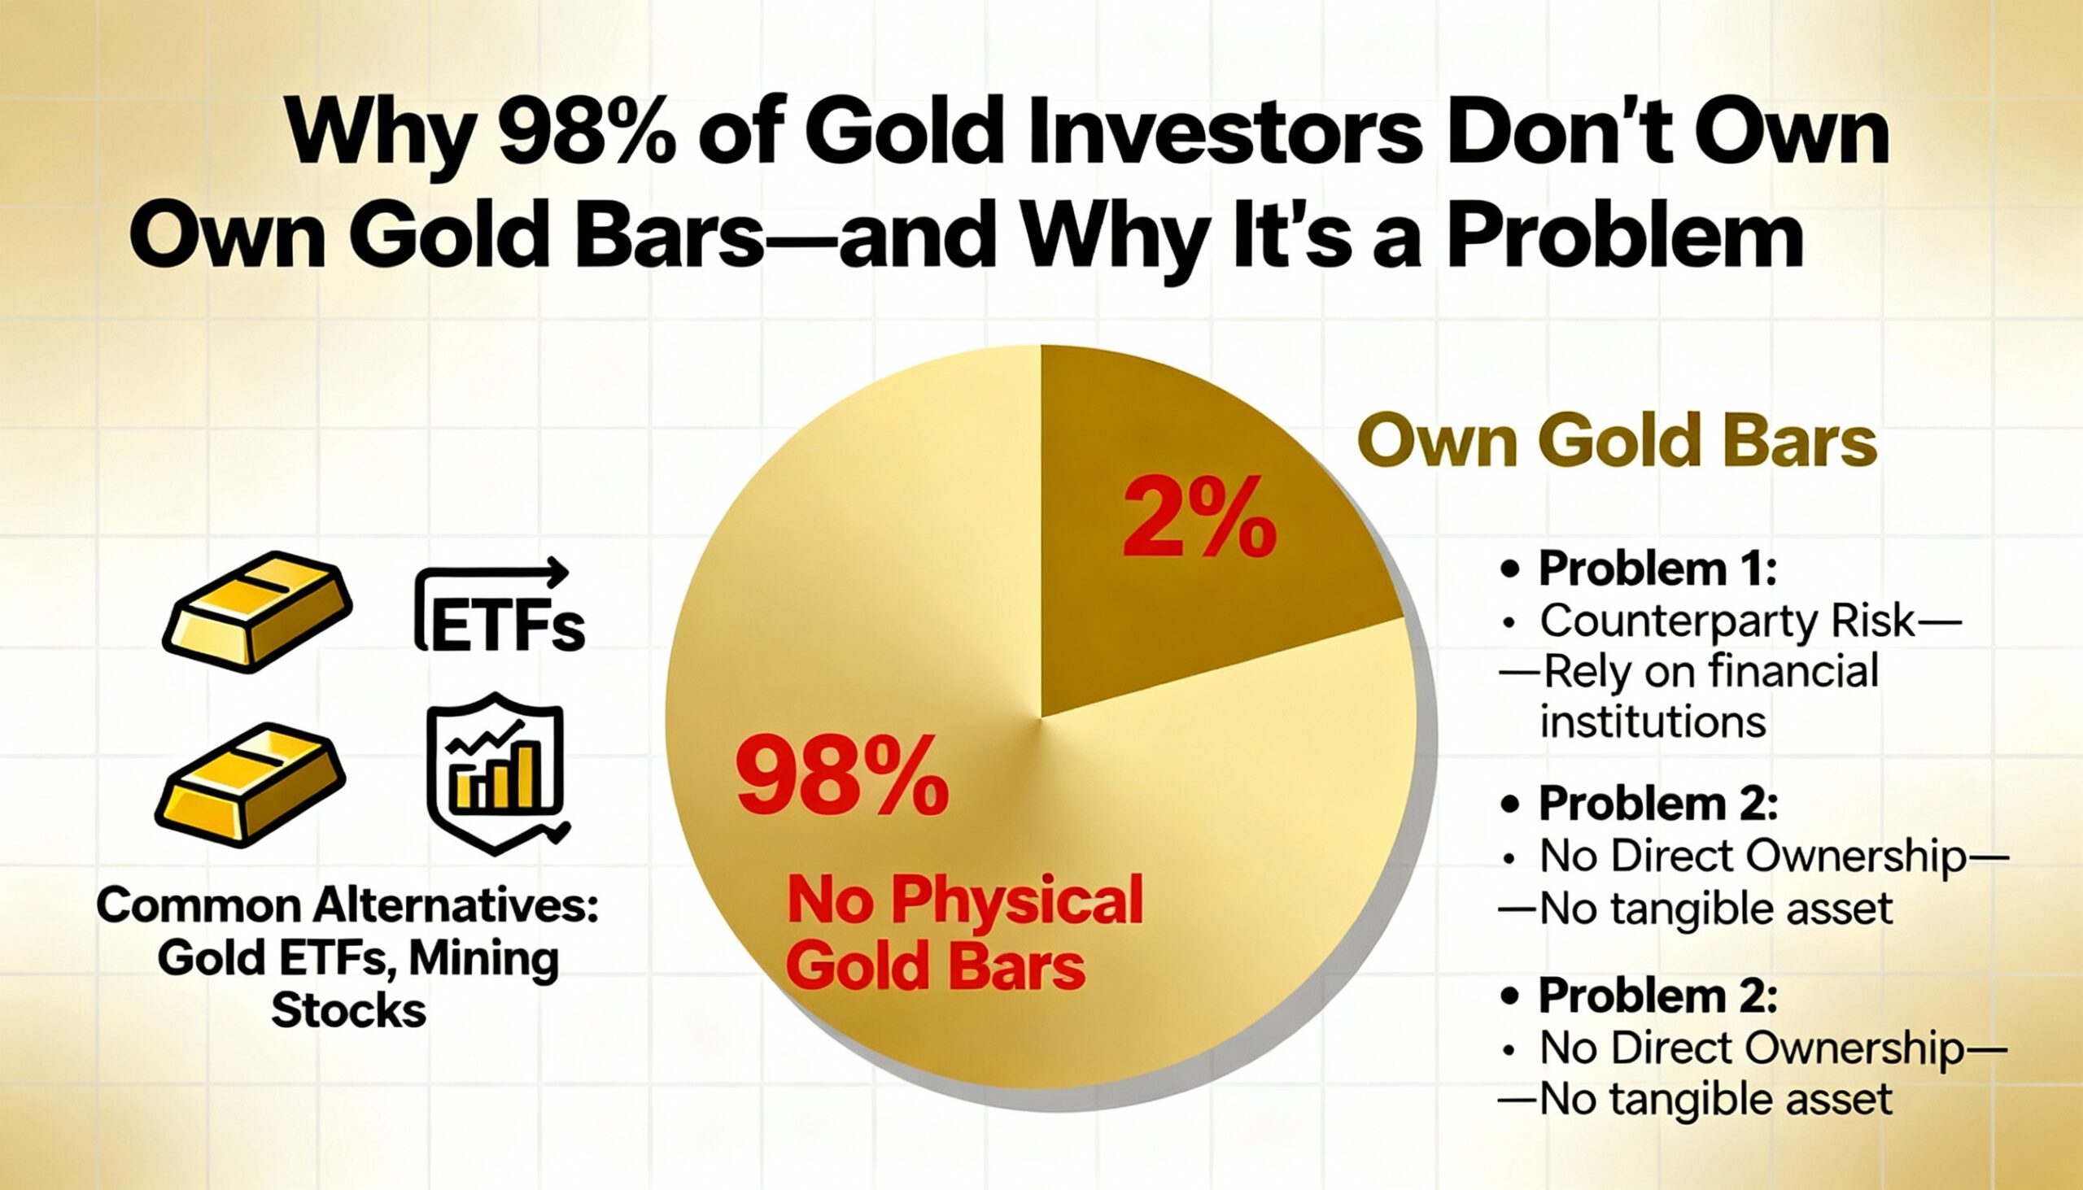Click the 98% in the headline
point(586,132)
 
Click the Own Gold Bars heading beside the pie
point(1617,442)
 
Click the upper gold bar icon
point(256,611)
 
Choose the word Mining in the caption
point(484,959)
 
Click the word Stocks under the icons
point(348,1011)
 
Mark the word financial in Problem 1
point(1791,672)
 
